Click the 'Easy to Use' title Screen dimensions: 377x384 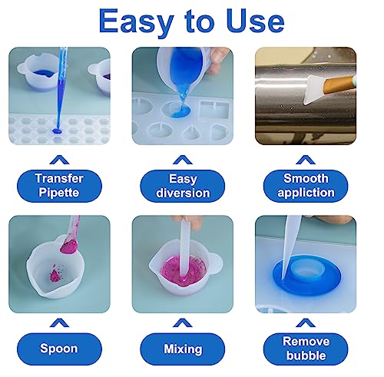(x=192, y=21)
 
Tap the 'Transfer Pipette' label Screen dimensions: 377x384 (x=59, y=185)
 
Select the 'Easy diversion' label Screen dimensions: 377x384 (x=183, y=185)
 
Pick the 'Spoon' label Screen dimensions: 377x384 (x=59, y=348)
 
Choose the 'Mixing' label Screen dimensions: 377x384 (x=183, y=348)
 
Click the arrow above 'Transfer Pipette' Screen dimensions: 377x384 (x=59, y=159)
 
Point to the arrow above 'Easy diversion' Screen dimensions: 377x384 (x=182, y=159)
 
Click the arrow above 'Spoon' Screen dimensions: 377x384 (x=59, y=323)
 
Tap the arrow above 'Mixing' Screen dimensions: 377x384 (x=182, y=323)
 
